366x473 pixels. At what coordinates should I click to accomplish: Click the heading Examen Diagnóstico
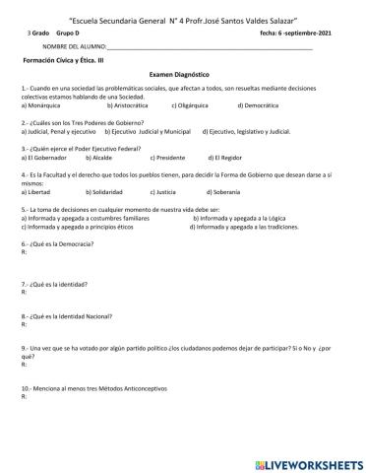(x=181, y=73)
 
